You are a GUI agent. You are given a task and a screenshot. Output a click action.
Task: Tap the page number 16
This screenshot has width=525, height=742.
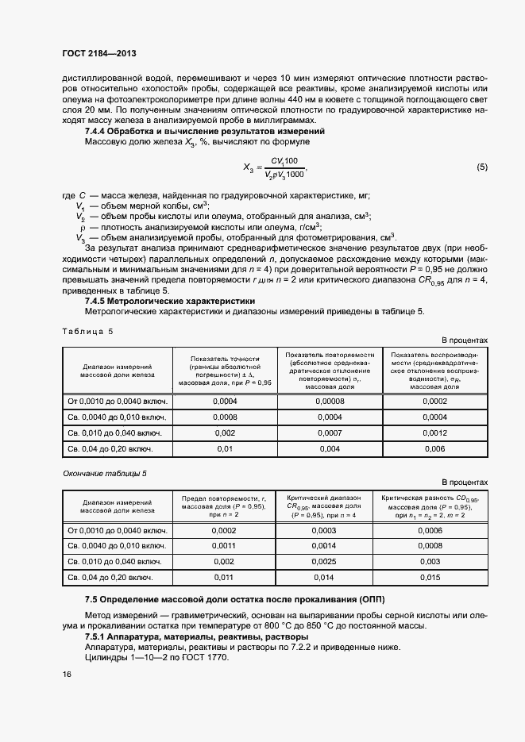pos(67,674)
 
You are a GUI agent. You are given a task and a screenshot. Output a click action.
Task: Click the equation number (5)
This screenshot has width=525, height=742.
pos(481,167)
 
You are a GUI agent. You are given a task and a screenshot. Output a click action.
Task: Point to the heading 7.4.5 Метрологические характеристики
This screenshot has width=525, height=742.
pos(170,301)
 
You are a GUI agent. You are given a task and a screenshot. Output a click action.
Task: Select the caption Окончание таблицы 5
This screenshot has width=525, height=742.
pos(105,474)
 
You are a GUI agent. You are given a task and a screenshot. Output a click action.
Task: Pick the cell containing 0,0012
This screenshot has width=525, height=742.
pos(434,433)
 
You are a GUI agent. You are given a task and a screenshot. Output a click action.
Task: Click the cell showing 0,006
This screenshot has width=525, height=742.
pos(434,449)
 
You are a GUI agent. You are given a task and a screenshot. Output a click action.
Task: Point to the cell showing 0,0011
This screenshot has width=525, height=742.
pos(225,546)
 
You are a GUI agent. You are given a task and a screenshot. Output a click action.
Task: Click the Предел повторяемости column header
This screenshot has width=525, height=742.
pos(225,505)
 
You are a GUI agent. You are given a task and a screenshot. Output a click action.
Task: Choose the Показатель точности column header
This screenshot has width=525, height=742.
pos(225,371)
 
